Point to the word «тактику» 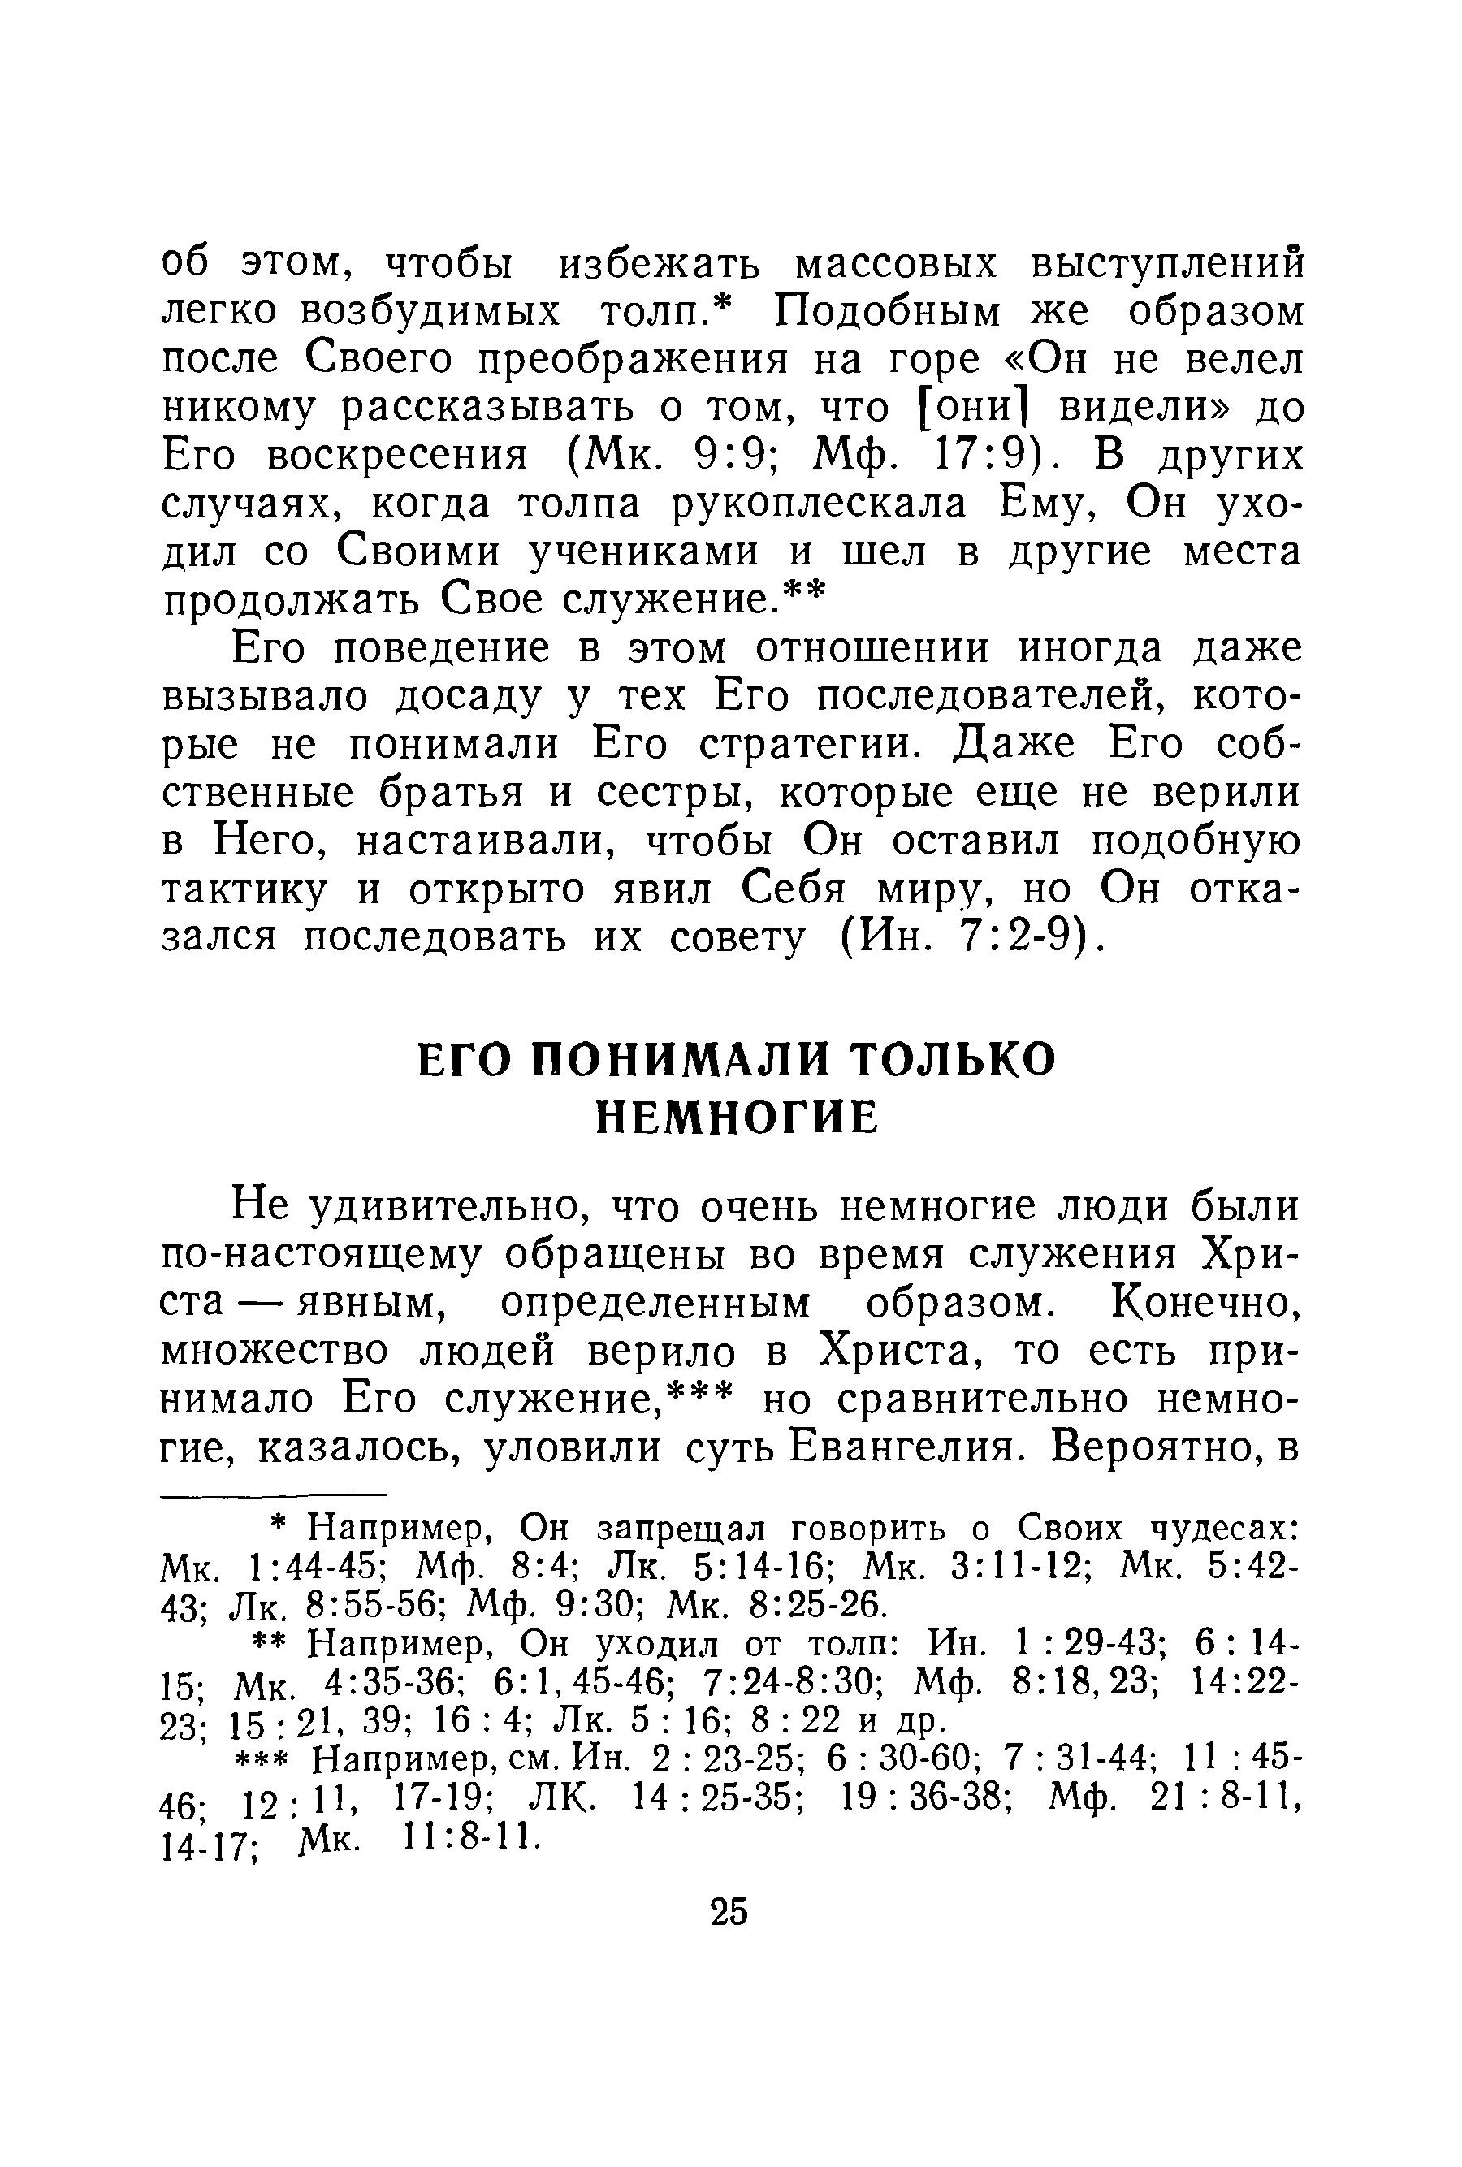coord(245,890)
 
